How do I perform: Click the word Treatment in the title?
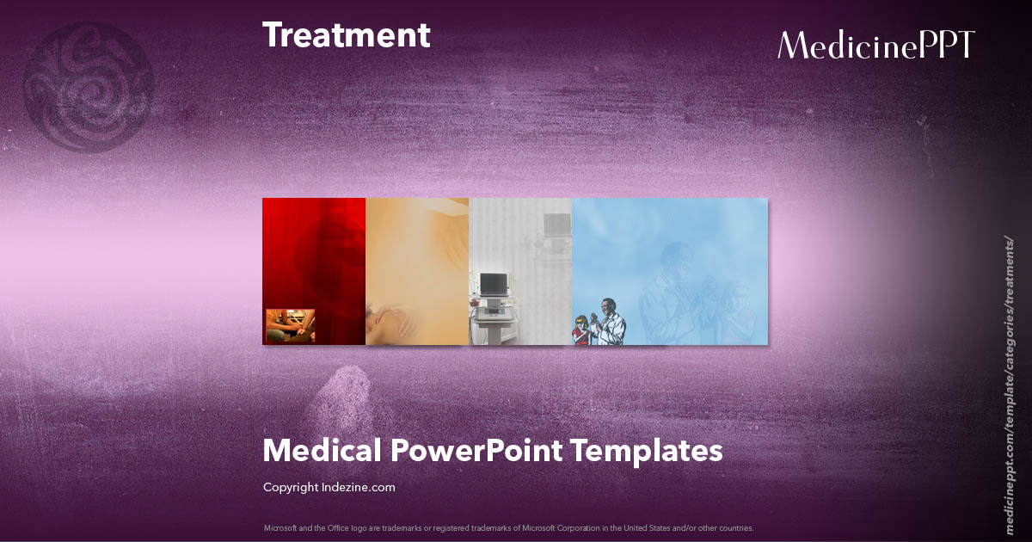(x=346, y=35)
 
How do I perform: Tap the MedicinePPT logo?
(x=875, y=45)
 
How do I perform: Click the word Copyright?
(x=290, y=488)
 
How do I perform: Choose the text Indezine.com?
(x=359, y=488)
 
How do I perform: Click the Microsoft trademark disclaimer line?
(x=508, y=527)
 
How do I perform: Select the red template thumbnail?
(x=314, y=258)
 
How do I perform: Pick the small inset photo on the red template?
(x=290, y=326)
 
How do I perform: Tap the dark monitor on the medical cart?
(x=493, y=285)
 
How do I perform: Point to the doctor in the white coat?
(x=610, y=322)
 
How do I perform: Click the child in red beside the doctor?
(x=582, y=330)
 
